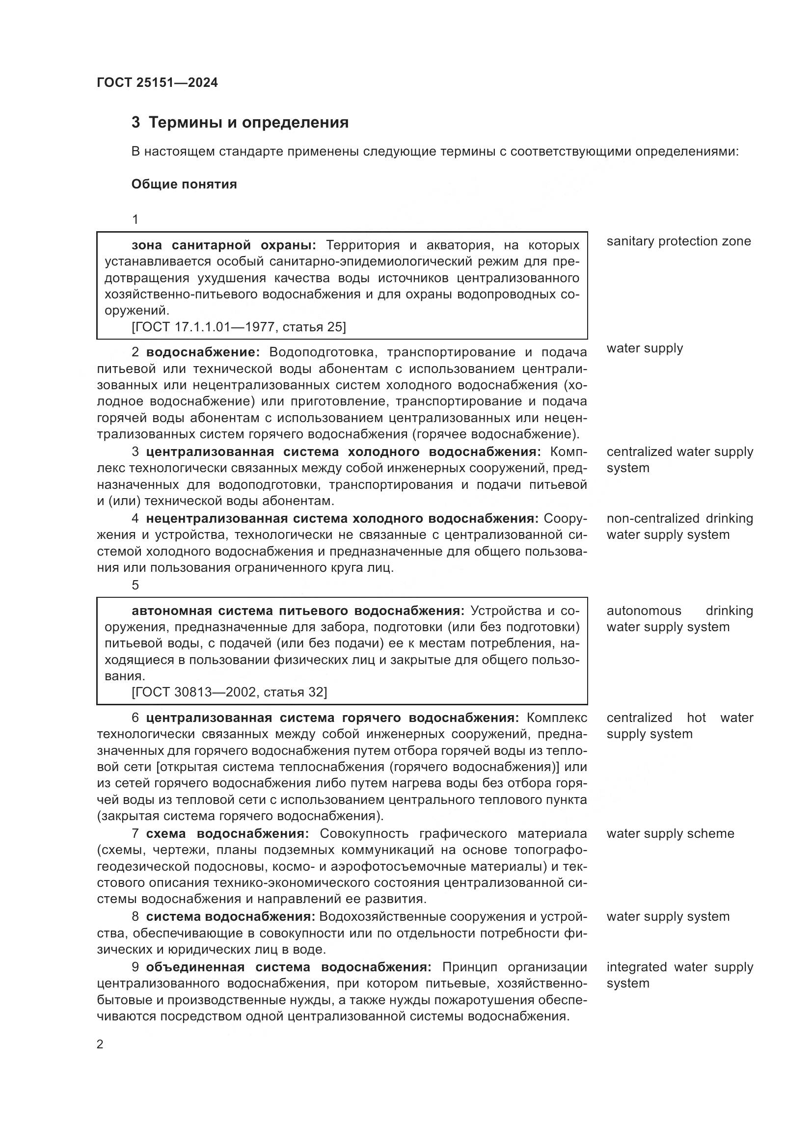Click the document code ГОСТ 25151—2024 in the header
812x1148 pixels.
(x=157, y=83)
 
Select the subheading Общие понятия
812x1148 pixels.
(x=184, y=185)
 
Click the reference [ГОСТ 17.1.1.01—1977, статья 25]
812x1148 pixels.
(x=239, y=327)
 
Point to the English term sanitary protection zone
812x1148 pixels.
(x=678, y=241)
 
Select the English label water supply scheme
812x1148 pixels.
(x=670, y=833)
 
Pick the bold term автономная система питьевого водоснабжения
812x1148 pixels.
(x=298, y=611)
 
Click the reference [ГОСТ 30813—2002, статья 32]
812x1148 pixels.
(x=229, y=692)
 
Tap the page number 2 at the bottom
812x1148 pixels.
(x=100, y=1044)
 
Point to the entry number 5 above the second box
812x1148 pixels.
(x=135, y=585)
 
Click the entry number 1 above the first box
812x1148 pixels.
(x=135, y=219)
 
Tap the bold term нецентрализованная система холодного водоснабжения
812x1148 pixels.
(x=342, y=518)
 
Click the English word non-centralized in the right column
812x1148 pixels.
(x=652, y=518)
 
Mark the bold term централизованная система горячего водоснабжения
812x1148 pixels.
(x=332, y=718)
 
